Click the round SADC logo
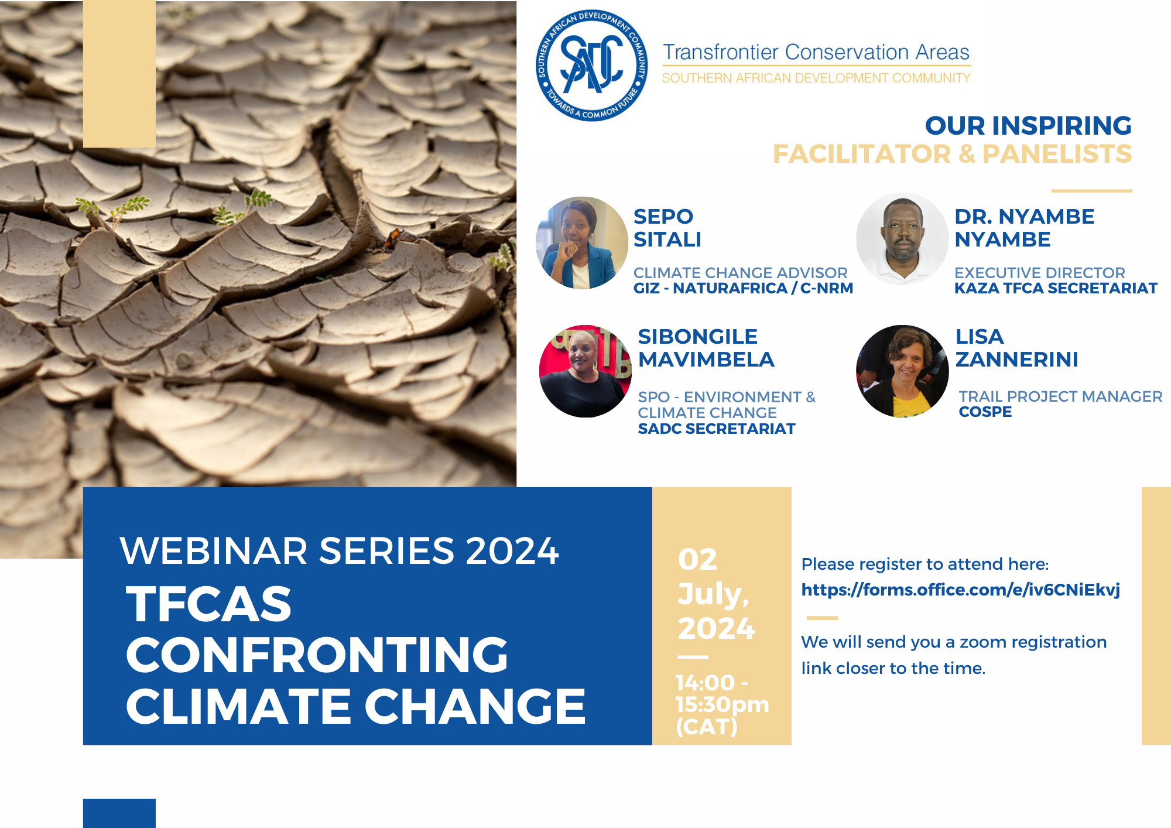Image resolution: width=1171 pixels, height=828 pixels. (592, 66)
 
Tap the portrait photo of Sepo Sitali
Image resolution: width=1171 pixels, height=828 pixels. (582, 242)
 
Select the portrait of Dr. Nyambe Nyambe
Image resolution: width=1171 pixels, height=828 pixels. (902, 239)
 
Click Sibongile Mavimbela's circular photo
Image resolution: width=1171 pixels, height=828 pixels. (585, 371)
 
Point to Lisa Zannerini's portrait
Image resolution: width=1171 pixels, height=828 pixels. (902, 371)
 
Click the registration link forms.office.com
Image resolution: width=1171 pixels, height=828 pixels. (960, 590)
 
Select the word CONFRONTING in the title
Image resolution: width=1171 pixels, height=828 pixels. (317, 655)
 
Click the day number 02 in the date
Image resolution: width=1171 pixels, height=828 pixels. (697, 559)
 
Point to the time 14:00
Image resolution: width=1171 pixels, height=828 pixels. (705, 683)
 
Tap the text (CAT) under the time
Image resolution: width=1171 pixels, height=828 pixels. (706, 727)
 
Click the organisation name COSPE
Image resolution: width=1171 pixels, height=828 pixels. (985, 412)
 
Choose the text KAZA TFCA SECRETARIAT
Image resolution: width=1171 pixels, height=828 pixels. (1056, 288)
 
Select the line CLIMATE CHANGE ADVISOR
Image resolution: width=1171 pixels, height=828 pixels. (740, 273)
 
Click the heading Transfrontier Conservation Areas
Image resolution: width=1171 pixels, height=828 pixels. (816, 52)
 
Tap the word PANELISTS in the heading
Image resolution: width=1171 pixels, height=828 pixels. (1057, 154)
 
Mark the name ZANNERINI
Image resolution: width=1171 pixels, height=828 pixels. (1016, 360)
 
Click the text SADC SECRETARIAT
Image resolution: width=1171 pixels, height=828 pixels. (717, 429)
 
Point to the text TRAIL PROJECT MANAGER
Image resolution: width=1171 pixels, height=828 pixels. (1060, 396)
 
